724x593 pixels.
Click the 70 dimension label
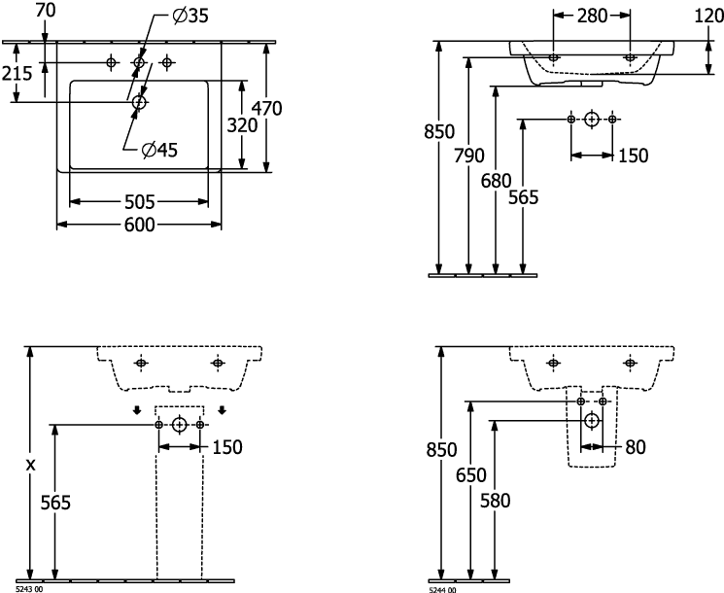click(x=45, y=11)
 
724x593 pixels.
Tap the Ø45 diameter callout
click(x=162, y=149)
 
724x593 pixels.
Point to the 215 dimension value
click(x=17, y=73)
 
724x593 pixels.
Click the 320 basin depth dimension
click(x=242, y=124)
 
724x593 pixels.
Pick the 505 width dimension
click(x=140, y=202)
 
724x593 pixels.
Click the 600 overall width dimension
click(x=140, y=224)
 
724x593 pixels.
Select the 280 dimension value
click(x=591, y=16)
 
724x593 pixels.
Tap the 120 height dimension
click(x=707, y=16)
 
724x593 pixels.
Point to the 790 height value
click(x=469, y=156)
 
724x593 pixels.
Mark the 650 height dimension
click(x=470, y=475)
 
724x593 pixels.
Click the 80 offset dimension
click(x=637, y=448)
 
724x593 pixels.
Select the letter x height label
click(x=30, y=465)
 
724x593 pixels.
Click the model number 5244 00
click(x=442, y=589)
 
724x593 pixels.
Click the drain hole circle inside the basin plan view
click(x=139, y=101)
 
